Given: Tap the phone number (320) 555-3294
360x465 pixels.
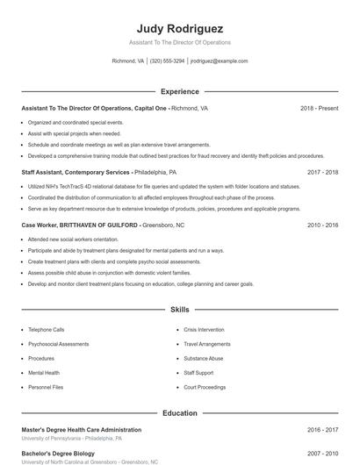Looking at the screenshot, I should click(167, 61).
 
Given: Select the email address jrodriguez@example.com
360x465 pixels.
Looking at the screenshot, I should click(220, 61).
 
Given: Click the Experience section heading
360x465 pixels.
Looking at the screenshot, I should click(179, 91).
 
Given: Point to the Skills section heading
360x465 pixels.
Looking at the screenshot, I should click(179, 310).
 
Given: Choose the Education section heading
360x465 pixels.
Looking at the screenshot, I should click(179, 412).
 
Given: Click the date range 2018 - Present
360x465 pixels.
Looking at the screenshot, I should click(319, 108).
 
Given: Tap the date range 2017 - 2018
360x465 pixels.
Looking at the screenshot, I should click(322, 173).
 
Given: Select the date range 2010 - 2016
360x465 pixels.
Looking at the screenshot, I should click(322, 225).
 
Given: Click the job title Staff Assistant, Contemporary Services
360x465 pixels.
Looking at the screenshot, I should click(76, 173).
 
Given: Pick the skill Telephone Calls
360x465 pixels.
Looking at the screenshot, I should click(46, 330).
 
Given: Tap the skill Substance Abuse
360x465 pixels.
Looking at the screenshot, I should click(203, 358).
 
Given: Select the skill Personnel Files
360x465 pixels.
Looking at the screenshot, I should click(46, 387).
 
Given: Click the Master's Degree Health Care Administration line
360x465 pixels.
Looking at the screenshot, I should click(81, 430).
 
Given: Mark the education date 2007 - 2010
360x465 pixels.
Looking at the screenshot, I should click(322, 454).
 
